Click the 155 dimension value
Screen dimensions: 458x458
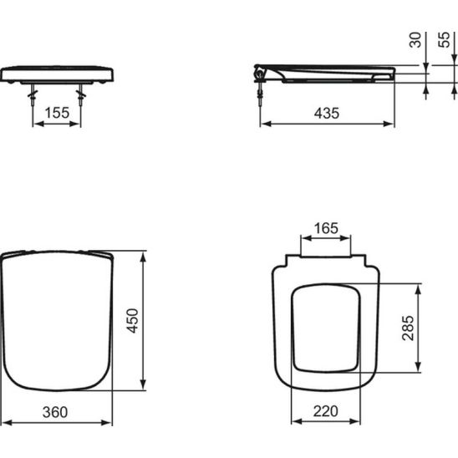pos(57,113)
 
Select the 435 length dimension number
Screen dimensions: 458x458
pos(327,113)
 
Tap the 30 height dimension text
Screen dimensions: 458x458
pos(415,40)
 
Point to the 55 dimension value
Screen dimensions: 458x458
pos(444,39)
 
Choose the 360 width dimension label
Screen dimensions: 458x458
pos(55,412)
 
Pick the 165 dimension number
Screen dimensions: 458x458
pos(326,228)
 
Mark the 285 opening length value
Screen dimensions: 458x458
pos(408,328)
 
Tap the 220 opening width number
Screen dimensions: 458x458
pos(326,411)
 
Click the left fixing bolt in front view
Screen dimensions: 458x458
pos(33,95)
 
